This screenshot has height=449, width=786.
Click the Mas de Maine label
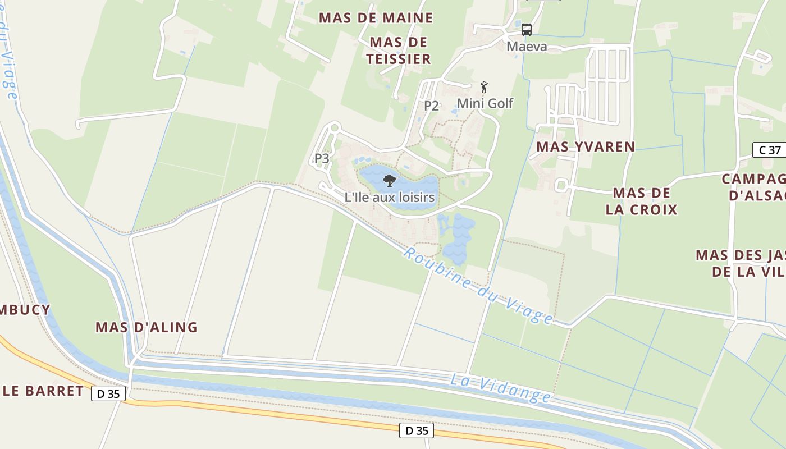(x=376, y=18)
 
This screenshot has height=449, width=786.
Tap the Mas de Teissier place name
(x=400, y=51)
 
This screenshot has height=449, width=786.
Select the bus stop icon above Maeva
(x=526, y=30)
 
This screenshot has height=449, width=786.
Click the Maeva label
(x=527, y=47)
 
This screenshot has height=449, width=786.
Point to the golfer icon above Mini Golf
(x=484, y=87)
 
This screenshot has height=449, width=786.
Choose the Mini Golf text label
(x=485, y=103)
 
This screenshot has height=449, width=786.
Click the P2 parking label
(x=431, y=106)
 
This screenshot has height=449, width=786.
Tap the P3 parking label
(x=322, y=158)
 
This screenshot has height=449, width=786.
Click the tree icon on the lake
(x=389, y=180)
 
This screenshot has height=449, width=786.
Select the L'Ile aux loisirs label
(x=390, y=198)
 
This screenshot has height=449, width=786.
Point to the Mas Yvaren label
(x=586, y=147)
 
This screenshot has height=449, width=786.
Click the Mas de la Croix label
(x=642, y=201)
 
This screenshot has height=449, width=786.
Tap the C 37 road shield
(x=769, y=150)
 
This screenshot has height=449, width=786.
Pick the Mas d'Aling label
(x=146, y=327)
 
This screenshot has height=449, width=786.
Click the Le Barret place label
(x=43, y=391)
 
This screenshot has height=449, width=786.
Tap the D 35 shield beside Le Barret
(x=108, y=393)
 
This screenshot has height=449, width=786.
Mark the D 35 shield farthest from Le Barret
(x=417, y=430)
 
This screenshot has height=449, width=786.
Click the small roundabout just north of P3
(x=335, y=128)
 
